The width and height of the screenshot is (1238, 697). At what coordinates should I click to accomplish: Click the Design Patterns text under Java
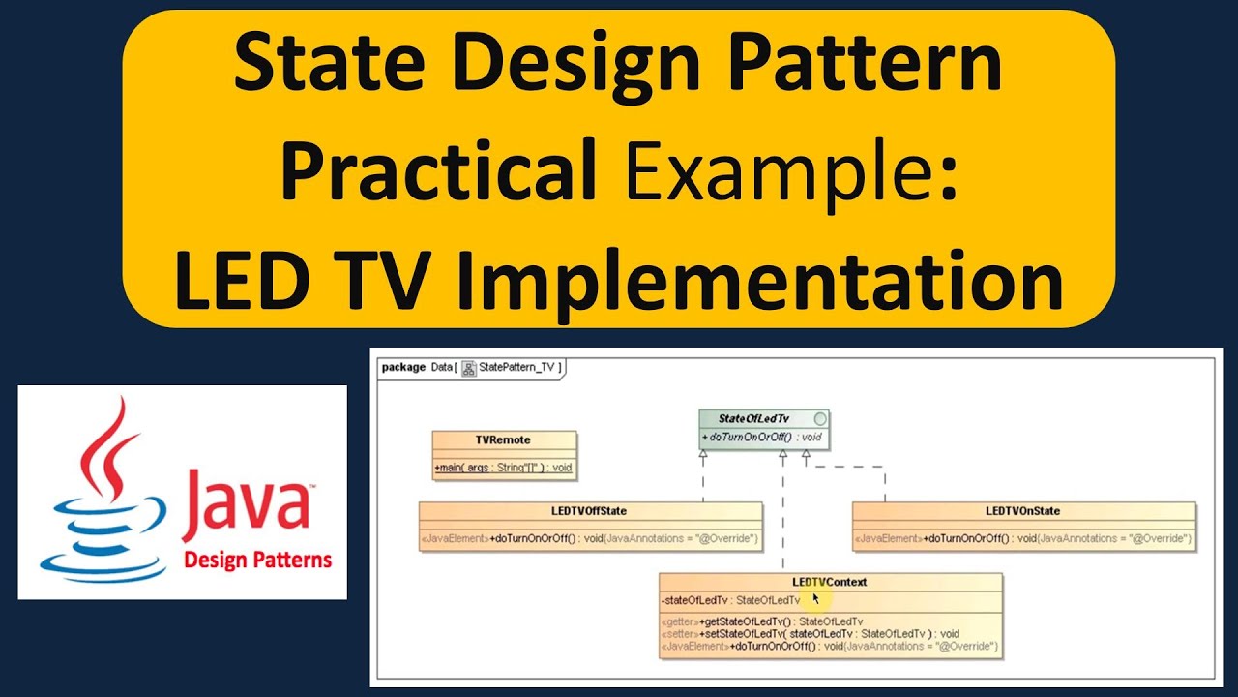click(257, 560)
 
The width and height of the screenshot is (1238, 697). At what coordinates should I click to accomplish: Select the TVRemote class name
click(503, 439)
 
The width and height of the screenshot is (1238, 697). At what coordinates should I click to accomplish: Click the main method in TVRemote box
click(503, 468)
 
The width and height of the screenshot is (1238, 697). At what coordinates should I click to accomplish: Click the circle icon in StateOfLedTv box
click(820, 419)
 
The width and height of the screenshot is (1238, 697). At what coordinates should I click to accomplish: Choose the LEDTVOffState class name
click(589, 511)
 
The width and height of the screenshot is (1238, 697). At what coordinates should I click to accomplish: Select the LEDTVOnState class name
click(1023, 511)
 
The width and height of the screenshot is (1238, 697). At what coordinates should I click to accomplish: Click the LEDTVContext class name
click(830, 582)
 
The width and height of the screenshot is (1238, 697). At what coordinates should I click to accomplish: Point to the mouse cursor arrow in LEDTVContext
click(816, 599)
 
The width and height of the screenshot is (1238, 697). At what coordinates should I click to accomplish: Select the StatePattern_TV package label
click(518, 367)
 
